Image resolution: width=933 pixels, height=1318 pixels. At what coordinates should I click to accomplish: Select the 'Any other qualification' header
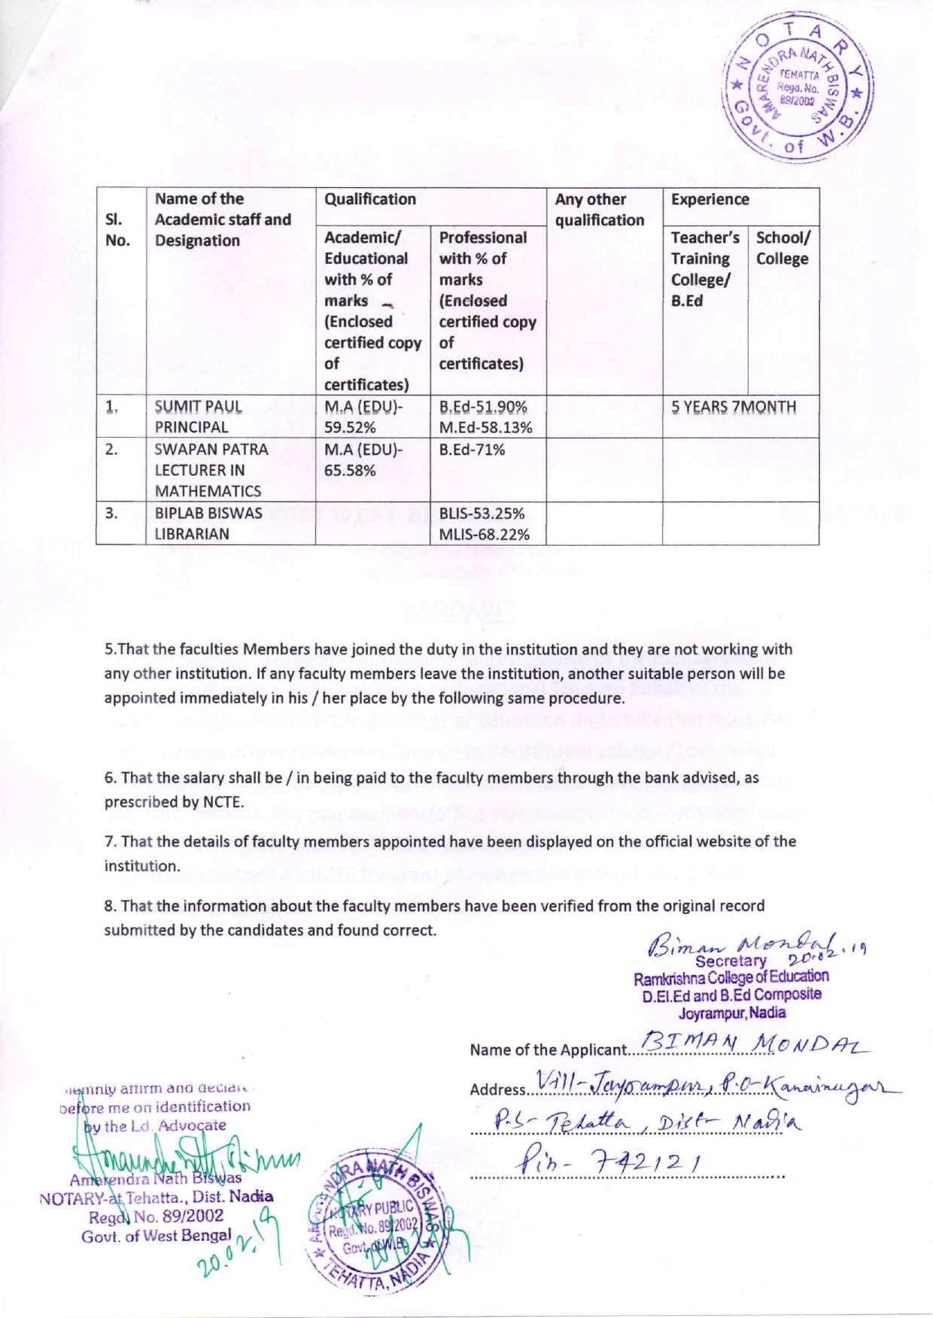[600, 210]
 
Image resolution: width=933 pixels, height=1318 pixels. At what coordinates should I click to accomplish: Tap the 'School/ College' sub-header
[782, 248]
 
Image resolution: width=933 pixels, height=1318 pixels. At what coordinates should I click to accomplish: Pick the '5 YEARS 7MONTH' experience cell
[734, 407]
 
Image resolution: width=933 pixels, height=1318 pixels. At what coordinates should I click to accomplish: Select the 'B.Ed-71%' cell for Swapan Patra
[472, 450]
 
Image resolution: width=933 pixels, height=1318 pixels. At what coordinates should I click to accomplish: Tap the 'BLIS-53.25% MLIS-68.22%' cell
[484, 523]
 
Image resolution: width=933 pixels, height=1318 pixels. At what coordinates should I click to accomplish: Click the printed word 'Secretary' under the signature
[731, 961]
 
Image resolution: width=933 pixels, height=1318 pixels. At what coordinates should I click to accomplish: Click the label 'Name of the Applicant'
[547, 1050]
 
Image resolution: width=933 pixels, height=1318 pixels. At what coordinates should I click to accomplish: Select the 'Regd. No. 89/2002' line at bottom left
[156, 1216]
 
